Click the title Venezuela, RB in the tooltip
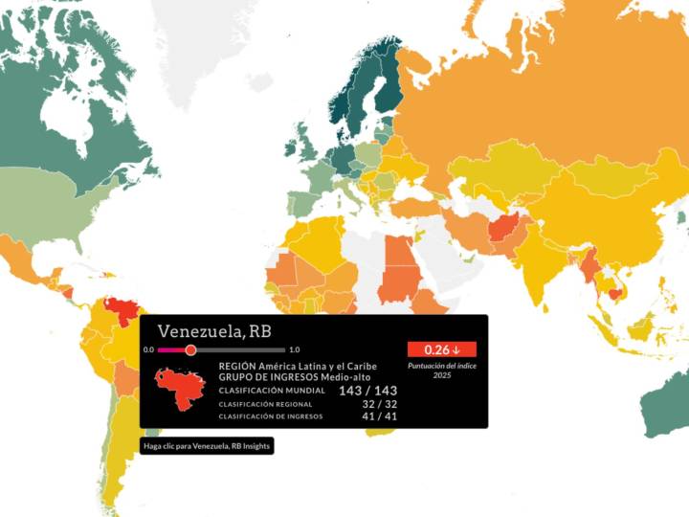213,332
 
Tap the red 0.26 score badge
441,349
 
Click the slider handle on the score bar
190,350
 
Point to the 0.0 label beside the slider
148,350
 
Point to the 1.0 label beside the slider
294,350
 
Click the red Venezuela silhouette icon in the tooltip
179,388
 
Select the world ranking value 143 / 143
367,391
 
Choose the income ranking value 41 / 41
379,416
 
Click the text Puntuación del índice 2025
441,370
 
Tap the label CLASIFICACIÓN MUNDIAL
267,391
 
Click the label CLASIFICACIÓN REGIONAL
264,404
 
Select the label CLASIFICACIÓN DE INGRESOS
271,416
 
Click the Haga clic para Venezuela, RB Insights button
207,446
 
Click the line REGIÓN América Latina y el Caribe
298,366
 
